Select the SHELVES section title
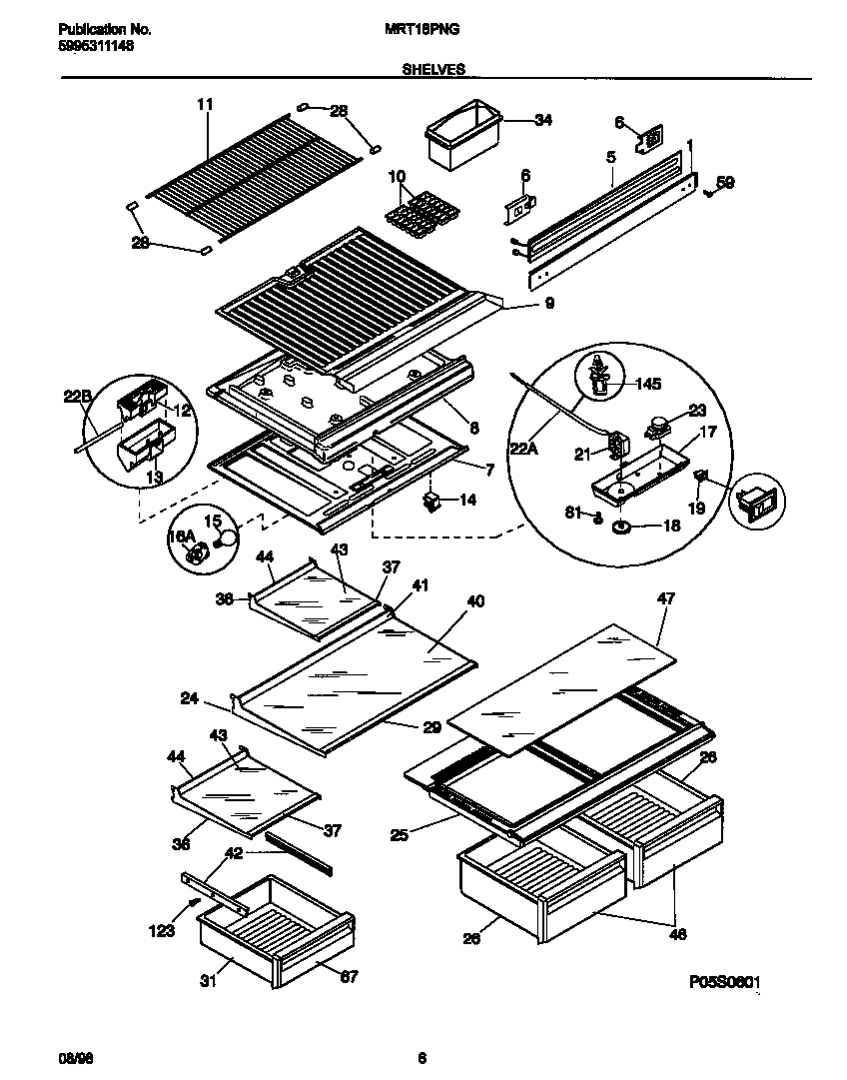click(x=432, y=70)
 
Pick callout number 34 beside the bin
click(x=542, y=120)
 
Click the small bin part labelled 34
click(x=460, y=136)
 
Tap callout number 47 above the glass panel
click(x=666, y=599)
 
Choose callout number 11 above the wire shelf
click(x=205, y=104)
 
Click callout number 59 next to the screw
click(x=726, y=182)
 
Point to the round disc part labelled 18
click(x=622, y=525)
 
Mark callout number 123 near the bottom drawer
click(x=162, y=931)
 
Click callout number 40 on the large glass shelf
click(x=474, y=602)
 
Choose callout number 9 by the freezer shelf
click(x=548, y=303)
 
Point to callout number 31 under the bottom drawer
click(x=208, y=980)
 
